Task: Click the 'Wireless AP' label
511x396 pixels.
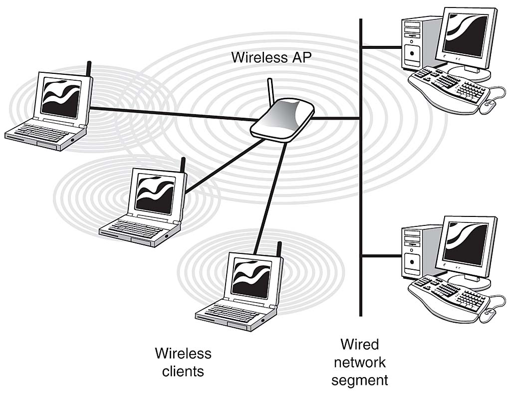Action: (x=270, y=57)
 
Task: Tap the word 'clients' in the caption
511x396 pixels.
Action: (x=183, y=371)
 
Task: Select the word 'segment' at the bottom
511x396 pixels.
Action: (x=359, y=380)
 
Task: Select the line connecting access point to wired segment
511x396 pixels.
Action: (x=337, y=118)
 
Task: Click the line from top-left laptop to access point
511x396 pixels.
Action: (x=170, y=114)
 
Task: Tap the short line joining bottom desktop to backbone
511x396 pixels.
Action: (x=382, y=256)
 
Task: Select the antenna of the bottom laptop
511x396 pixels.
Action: (x=279, y=247)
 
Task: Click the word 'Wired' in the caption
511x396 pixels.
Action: (x=359, y=344)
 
